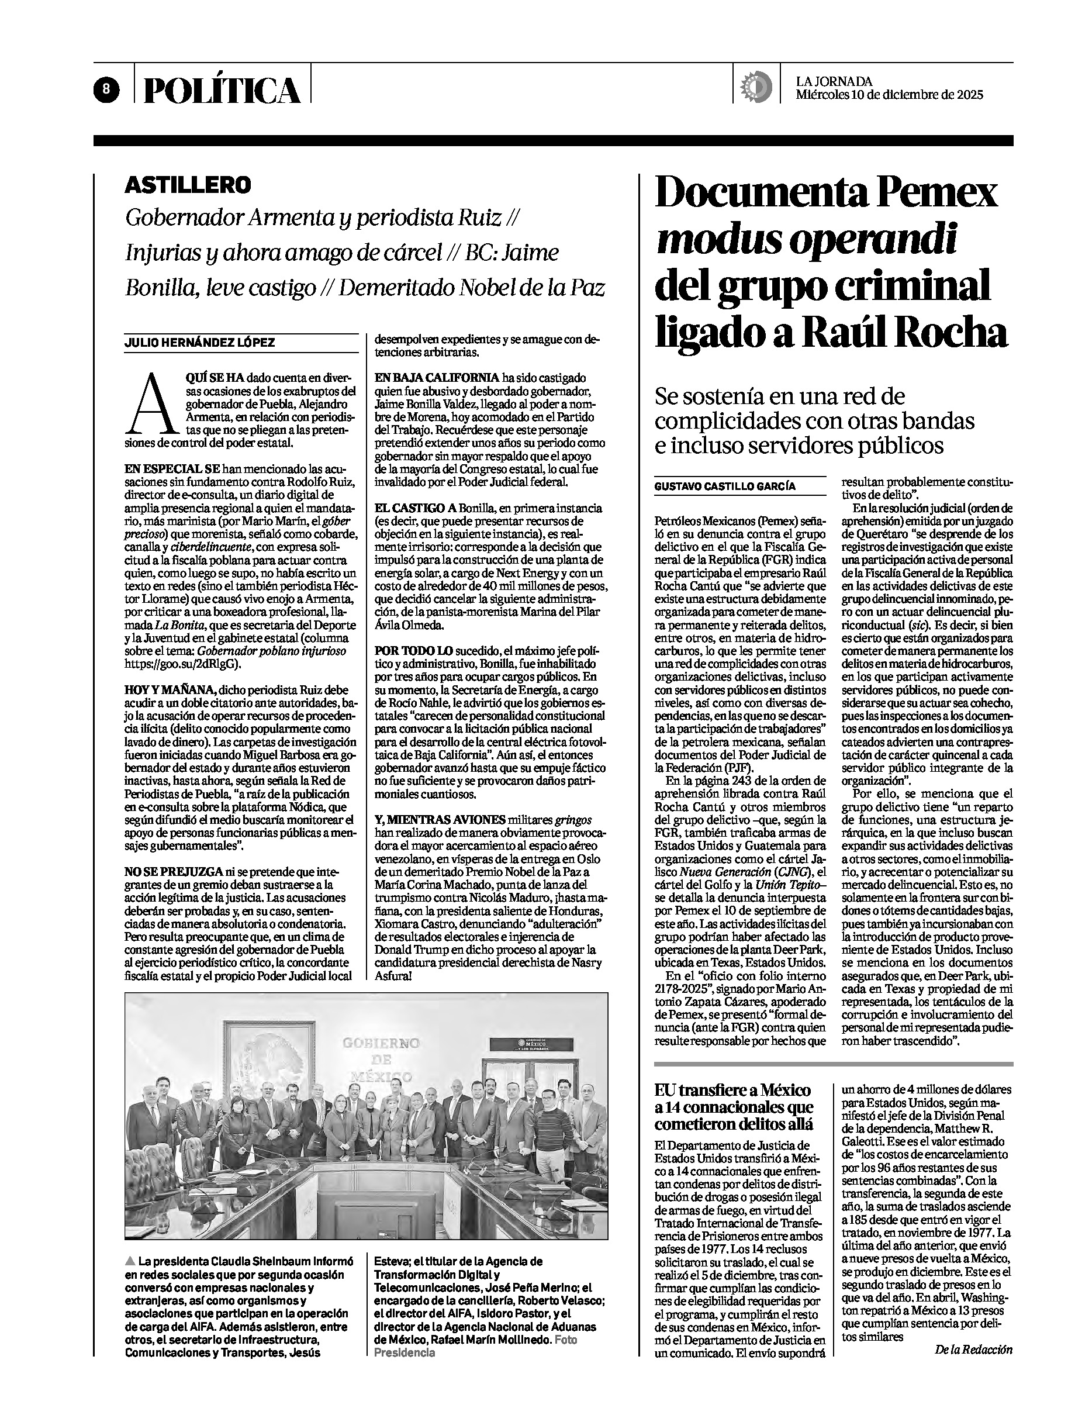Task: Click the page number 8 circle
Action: pos(108,89)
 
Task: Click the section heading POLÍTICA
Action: pos(222,90)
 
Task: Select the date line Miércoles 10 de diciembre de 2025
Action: pos(889,95)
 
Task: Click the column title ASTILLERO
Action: pos(188,185)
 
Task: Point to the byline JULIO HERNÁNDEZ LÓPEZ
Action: pos(199,342)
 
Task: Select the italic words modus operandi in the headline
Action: pos(806,239)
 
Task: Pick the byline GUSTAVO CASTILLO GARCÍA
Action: pos(725,485)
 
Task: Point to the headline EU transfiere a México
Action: pos(732,1090)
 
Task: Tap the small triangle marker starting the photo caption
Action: pos(130,1261)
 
